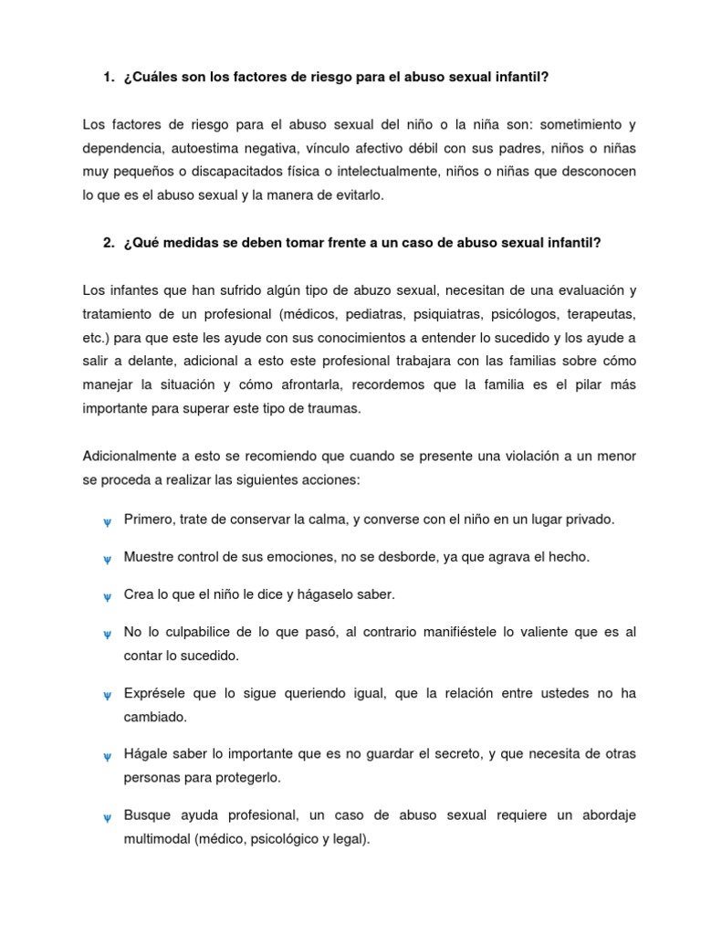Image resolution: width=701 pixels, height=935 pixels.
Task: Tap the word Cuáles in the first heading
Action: coord(152,77)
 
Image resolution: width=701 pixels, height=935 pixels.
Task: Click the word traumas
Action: coord(334,409)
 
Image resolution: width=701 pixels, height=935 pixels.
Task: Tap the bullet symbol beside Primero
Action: coord(106,521)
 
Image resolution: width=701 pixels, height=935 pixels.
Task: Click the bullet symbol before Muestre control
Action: coord(106,559)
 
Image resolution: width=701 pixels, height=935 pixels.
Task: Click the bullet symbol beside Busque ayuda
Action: coord(106,817)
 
